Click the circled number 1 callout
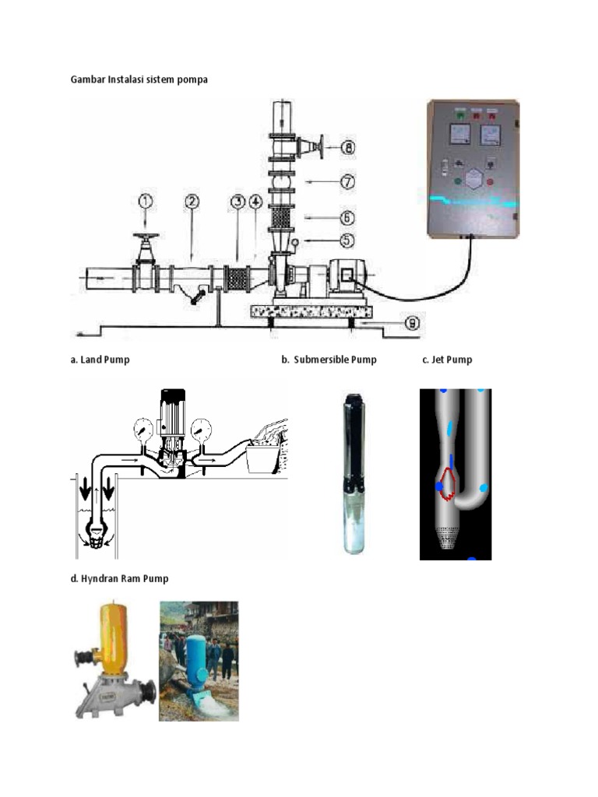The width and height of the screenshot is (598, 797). click(x=146, y=201)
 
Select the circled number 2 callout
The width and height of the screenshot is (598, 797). click(x=192, y=201)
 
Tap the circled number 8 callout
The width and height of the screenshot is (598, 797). click(x=350, y=146)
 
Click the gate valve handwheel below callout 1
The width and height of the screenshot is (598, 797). click(x=146, y=237)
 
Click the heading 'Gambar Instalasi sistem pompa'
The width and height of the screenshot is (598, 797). click(x=139, y=79)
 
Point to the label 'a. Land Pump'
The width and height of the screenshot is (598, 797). click(x=100, y=360)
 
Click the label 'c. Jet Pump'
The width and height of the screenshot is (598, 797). click(x=447, y=360)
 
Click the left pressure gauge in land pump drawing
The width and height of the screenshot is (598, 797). click(x=142, y=427)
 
